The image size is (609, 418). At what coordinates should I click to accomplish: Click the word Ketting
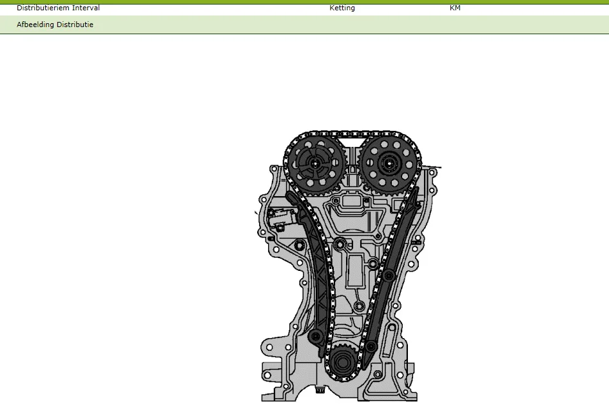(342, 8)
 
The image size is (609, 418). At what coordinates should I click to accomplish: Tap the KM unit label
(455, 8)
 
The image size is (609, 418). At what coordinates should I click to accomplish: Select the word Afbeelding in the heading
(35, 25)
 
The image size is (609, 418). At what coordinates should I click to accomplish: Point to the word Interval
(86, 8)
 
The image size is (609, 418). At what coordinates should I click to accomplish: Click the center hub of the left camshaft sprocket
(314, 164)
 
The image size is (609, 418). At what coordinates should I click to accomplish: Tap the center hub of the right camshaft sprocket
(389, 164)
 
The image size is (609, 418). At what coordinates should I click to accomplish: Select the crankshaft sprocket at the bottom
(342, 362)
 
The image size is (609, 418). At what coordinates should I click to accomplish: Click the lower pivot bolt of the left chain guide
(316, 336)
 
